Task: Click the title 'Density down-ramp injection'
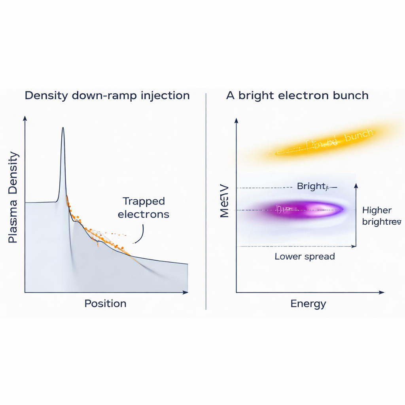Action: click(x=107, y=96)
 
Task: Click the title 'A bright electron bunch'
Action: click(x=297, y=96)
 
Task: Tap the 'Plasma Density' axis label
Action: click(x=13, y=197)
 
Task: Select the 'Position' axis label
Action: click(x=105, y=303)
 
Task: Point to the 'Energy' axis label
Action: click(x=308, y=303)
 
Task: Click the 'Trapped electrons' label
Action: click(x=143, y=208)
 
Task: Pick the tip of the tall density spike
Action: click(x=62, y=129)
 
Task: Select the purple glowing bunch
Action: click(x=301, y=209)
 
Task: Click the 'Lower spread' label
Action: click(x=305, y=256)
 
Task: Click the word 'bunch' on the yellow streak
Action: click(x=358, y=136)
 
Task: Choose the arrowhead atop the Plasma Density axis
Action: click(x=25, y=118)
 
